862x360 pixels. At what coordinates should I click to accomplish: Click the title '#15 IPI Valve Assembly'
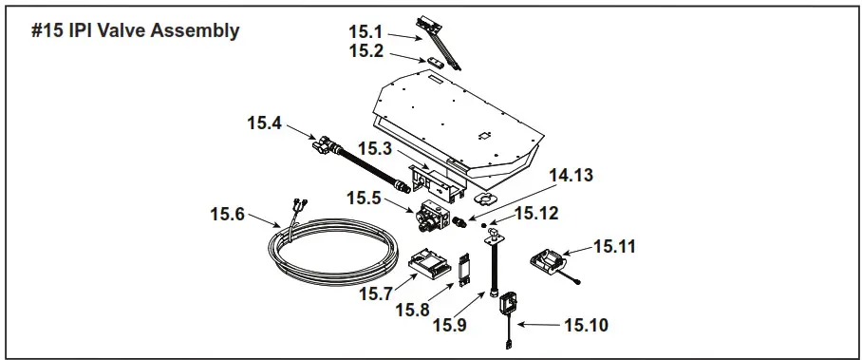135,30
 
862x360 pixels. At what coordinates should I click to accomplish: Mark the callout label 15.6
229,214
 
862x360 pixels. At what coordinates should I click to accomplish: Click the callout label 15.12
536,213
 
